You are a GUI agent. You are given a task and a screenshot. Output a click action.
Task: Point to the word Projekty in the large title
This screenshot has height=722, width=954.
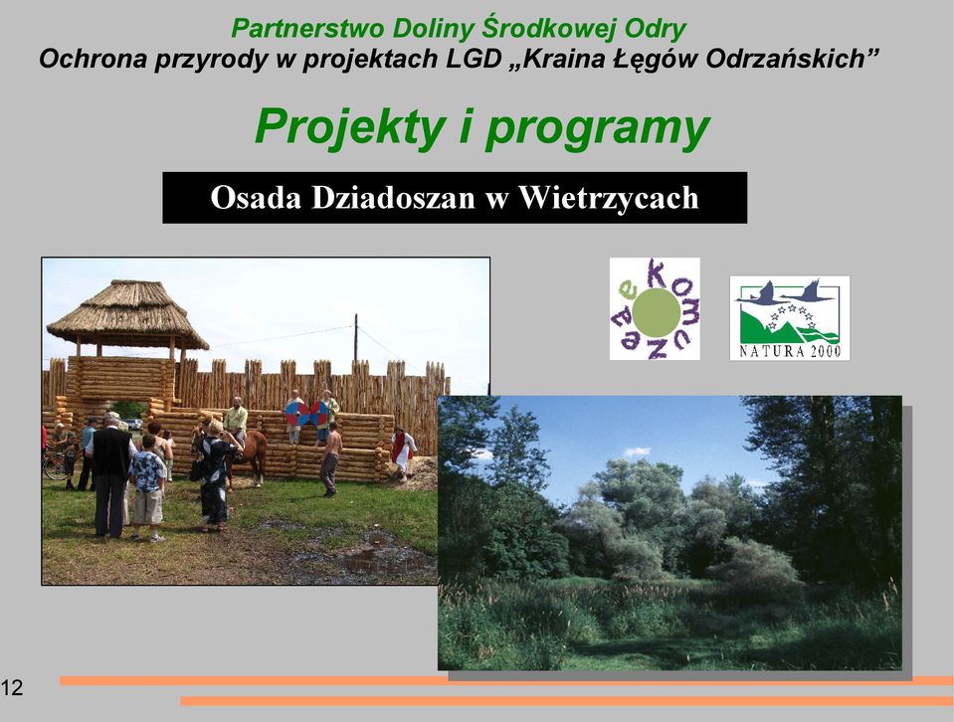[348, 126]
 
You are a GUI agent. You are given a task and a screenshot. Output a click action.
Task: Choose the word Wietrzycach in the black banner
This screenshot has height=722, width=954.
[609, 198]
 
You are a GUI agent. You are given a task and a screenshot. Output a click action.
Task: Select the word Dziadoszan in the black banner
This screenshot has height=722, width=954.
[393, 198]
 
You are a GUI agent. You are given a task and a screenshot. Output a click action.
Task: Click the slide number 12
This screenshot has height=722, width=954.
[12, 687]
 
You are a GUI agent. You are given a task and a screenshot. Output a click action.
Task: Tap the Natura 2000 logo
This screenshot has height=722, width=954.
[790, 317]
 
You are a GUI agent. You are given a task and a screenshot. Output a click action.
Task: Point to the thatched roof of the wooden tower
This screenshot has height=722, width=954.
[127, 315]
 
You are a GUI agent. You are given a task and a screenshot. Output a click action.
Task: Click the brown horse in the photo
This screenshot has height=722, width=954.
[238, 454]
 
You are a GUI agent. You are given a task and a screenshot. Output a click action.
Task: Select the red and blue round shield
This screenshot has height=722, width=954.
[306, 414]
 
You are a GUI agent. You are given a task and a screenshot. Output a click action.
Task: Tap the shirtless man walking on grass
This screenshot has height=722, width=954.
[331, 458]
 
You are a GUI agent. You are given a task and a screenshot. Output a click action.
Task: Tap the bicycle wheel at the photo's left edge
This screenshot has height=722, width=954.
[55, 464]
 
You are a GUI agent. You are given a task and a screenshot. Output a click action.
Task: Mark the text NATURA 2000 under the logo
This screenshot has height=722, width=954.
[790, 352]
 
